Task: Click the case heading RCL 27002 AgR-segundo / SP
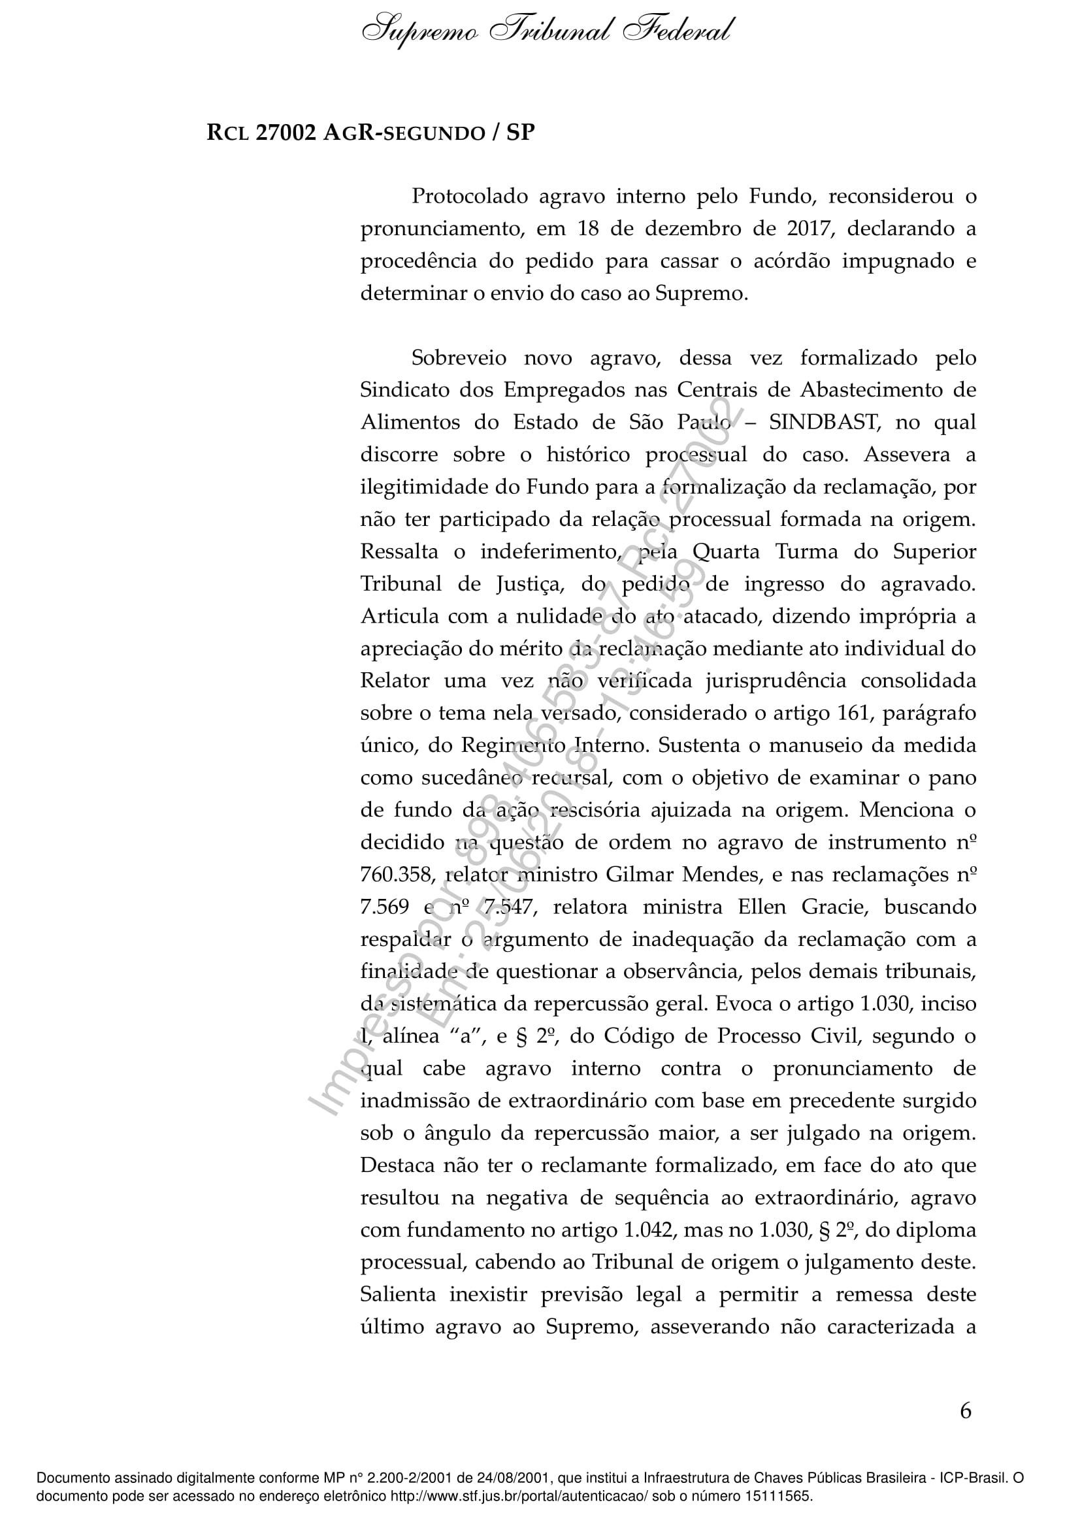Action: point(370,133)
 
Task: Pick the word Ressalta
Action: point(399,552)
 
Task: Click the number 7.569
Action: point(384,907)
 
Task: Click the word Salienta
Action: point(397,1295)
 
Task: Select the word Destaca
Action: point(397,1166)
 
